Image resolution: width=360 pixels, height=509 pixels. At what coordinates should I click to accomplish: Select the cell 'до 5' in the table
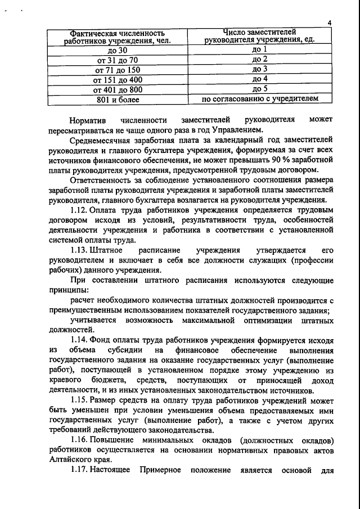(x=259, y=89)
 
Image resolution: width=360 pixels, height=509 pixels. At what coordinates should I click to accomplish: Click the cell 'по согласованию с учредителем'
(x=259, y=99)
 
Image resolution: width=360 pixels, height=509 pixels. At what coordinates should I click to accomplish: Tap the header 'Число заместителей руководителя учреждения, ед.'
(x=259, y=35)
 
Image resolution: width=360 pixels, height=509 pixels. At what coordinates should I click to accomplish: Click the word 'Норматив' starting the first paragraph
(x=88, y=121)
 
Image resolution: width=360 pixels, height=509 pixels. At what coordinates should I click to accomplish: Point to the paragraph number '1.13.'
(x=81, y=250)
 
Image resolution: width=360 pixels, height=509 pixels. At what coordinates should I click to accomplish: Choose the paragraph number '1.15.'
(x=81, y=399)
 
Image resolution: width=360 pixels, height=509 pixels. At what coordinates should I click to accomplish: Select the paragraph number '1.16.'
(x=81, y=439)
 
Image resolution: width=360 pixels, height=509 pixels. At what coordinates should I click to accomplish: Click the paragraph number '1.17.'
(x=81, y=469)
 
